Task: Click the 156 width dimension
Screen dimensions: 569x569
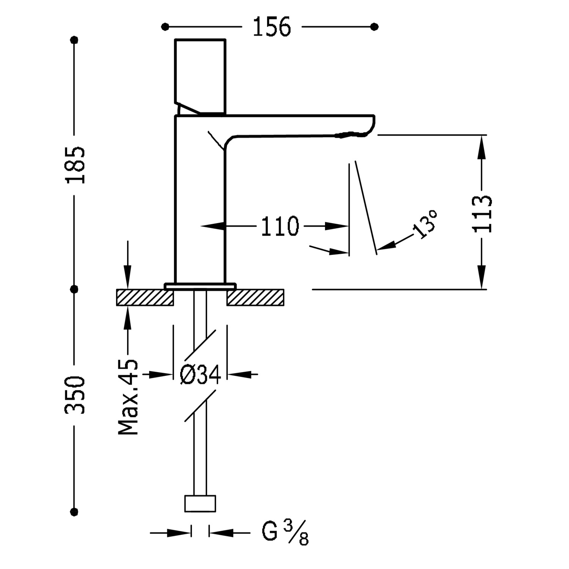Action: pyautogui.click(x=271, y=27)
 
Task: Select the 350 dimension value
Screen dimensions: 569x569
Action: pyautogui.click(x=75, y=395)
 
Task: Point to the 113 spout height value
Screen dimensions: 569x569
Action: pyautogui.click(x=482, y=214)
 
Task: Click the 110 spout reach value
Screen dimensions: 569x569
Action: pyautogui.click(x=280, y=226)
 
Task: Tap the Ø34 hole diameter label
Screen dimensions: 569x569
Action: pyautogui.click(x=200, y=375)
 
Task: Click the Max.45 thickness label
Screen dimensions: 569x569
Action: pyautogui.click(x=128, y=396)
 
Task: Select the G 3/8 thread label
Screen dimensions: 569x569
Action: pyautogui.click(x=285, y=533)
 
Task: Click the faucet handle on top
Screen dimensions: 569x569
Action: pyautogui.click(x=200, y=76)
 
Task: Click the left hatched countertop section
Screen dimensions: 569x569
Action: pyautogui.click(x=145, y=297)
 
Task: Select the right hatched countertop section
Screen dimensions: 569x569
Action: pyautogui.click(x=255, y=297)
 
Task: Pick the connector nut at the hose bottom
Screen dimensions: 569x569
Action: pyautogui.click(x=200, y=503)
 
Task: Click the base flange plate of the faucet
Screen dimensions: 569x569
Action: pyautogui.click(x=200, y=286)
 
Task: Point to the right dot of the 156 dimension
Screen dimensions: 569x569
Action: pyautogui.click(x=374, y=27)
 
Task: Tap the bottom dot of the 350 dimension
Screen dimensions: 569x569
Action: pyautogui.click(x=74, y=512)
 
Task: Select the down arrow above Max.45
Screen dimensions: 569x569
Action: pyautogui.click(x=128, y=277)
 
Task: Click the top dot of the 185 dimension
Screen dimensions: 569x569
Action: pyautogui.click(x=74, y=40)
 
